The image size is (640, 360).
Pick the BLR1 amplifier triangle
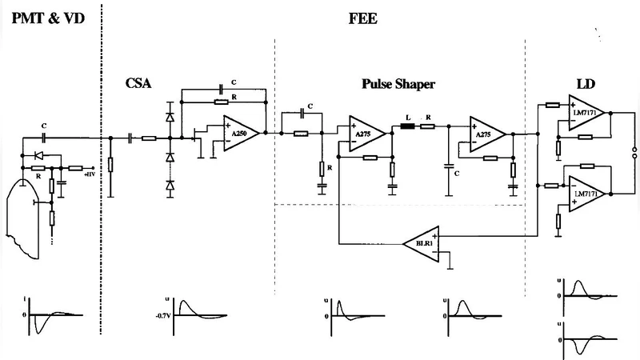tap(422, 242)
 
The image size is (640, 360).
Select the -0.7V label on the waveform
tap(166, 314)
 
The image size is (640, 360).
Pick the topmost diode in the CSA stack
tap(170, 117)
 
